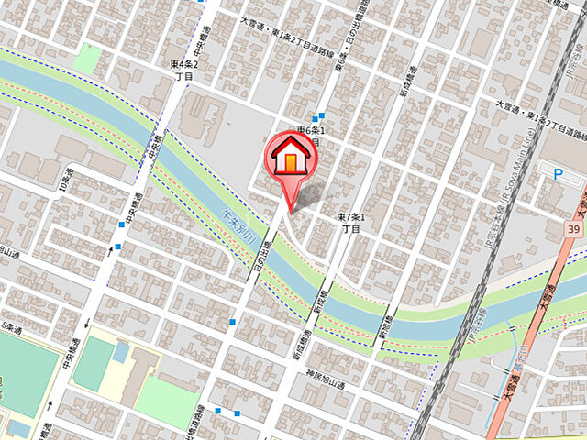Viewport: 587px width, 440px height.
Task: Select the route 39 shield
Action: click(x=574, y=227)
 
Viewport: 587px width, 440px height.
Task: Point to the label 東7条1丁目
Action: click(x=351, y=223)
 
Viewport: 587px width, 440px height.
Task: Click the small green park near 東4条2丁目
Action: click(x=88, y=58)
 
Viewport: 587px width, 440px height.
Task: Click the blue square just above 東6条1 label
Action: click(x=317, y=116)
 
